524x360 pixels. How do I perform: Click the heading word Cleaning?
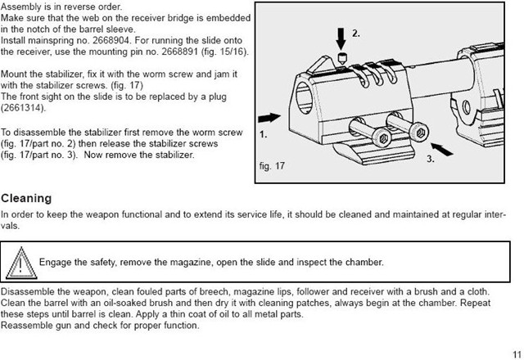click(26, 199)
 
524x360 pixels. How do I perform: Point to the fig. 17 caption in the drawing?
click(272, 166)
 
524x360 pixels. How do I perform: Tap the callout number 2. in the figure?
click(356, 34)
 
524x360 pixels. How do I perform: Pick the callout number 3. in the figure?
click(431, 160)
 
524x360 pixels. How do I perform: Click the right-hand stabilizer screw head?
click(419, 132)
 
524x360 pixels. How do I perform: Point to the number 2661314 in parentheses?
click(24, 108)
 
